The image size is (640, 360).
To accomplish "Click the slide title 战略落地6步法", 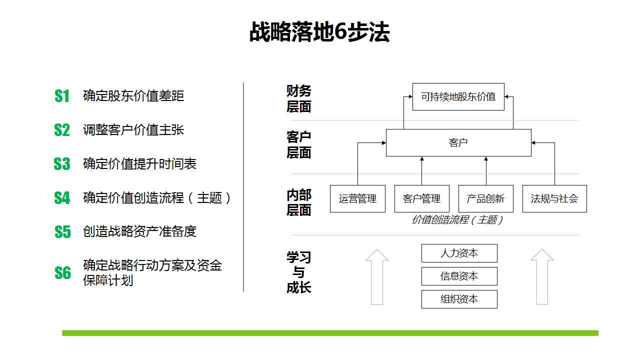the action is click(x=319, y=32).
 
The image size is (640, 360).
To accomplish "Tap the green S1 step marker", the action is click(x=62, y=96).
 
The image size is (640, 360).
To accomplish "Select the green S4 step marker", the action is click(x=62, y=197).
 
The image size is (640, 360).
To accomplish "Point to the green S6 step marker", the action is click(x=62, y=272).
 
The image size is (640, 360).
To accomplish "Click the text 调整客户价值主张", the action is click(x=133, y=130).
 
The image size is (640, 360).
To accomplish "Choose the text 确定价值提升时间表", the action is click(x=139, y=164).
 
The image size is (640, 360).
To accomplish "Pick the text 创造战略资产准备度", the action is click(x=139, y=231).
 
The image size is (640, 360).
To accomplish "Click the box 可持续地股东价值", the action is click(x=458, y=97).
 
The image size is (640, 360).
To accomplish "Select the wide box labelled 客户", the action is click(x=458, y=142).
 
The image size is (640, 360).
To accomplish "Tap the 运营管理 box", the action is click(x=357, y=198).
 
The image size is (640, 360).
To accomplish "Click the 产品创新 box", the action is click(x=485, y=198).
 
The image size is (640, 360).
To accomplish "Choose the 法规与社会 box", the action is click(x=554, y=198).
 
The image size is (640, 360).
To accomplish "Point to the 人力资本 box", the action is click(x=459, y=253).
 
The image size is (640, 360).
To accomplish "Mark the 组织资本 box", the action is click(x=459, y=299).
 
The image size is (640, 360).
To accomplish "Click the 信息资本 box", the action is click(x=459, y=276).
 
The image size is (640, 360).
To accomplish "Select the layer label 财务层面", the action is click(x=299, y=99).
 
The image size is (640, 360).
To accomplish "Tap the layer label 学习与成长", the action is click(x=299, y=272).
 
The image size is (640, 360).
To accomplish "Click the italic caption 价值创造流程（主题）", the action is click(x=457, y=219).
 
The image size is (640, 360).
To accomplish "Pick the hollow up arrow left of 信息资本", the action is click(x=377, y=277).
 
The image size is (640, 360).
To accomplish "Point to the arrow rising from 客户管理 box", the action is click(x=422, y=171).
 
